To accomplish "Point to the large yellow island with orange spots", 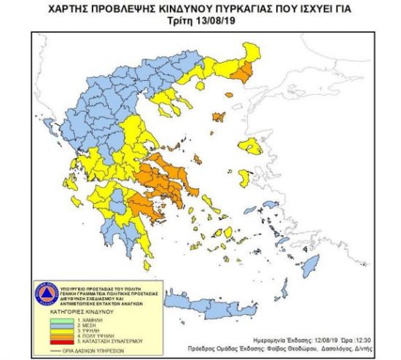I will tap(252, 146).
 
